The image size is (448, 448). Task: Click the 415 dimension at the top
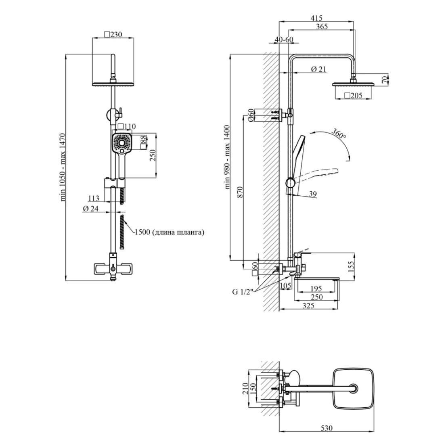(x=316, y=18)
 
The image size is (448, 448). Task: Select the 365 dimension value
(x=322, y=27)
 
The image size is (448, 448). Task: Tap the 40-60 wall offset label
(x=284, y=39)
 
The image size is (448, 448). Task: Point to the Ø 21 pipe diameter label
(x=318, y=69)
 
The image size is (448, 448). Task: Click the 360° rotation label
(x=339, y=134)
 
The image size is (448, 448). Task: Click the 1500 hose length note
(x=170, y=232)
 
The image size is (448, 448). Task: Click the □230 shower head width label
(x=113, y=35)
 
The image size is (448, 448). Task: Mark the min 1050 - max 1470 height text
(x=63, y=167)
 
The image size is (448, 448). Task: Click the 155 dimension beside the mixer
(x=351, y=265)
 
